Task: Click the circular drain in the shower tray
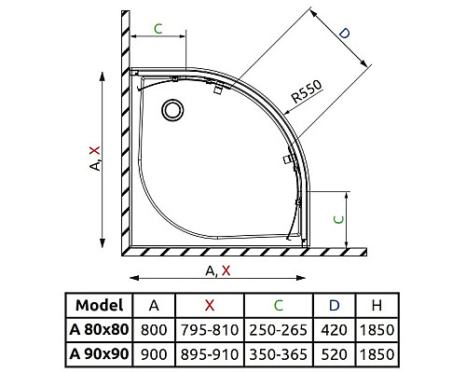172,110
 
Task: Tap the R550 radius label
307,91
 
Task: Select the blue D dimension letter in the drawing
344,34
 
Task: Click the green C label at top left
158,29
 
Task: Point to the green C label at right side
338,220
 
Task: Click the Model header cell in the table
100,305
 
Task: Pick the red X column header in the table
210,306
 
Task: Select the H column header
377,306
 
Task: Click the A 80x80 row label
99,329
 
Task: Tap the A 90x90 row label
99,353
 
